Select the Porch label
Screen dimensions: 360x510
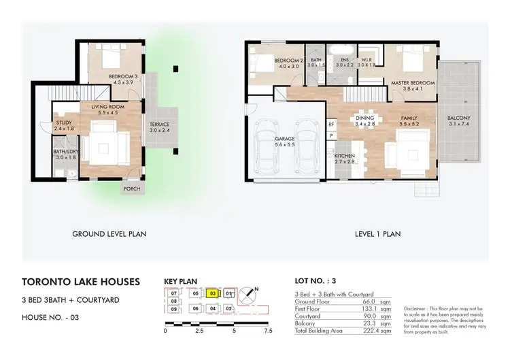click(x=131, y=189)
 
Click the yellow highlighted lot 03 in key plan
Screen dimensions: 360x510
click(x=212, y=294)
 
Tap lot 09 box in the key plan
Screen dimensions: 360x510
click(x=174, y=310)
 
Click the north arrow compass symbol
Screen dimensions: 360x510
click(x=252, y=295)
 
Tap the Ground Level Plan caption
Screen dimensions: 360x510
click(x=109, y=234)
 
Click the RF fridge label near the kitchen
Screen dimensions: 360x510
click(x=331, y=125)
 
